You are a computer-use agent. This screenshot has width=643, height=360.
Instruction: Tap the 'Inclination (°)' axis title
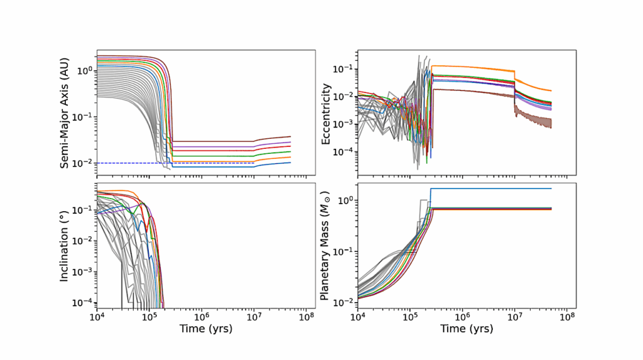pos(65,244)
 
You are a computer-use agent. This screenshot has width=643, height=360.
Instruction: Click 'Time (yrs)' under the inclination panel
pos(201,329)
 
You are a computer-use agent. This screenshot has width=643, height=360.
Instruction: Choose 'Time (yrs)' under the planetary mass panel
pos(462,329)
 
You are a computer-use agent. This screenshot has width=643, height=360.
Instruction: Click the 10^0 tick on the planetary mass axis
pos(345,200)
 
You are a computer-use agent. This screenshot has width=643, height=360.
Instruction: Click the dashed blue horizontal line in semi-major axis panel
pos(126,163)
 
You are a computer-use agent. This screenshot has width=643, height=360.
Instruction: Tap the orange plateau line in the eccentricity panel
pos(471,68)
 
